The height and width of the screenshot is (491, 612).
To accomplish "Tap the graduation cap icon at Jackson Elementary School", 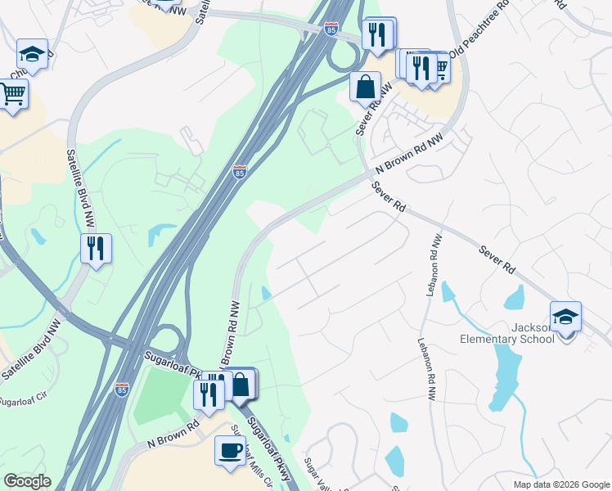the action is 565,315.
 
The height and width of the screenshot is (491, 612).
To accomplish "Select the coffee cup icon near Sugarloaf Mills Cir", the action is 230,449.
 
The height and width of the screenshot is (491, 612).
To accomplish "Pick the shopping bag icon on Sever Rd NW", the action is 366,86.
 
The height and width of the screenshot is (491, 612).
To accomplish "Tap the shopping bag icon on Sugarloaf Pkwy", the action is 243,384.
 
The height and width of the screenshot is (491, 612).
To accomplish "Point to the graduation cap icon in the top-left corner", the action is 32,54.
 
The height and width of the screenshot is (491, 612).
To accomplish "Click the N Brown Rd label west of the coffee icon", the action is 173,435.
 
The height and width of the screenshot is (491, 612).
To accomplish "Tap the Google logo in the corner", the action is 27,481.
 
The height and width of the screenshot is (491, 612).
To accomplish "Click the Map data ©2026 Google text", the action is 561,484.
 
